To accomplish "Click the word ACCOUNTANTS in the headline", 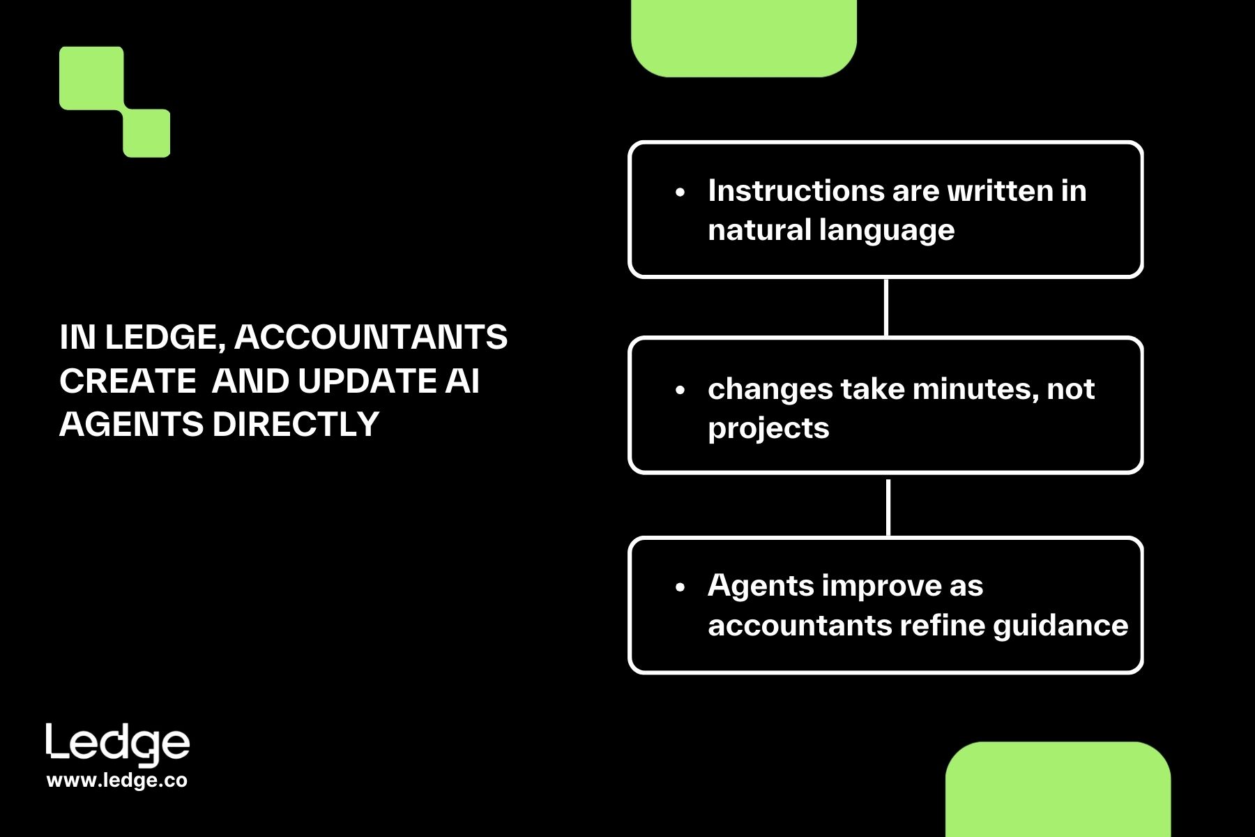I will click(x=371, y=338).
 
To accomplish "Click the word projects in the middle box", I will click(x=768, y=428).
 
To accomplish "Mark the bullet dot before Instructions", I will click(x=680, y=193).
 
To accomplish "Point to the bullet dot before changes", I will click(x=680, y=391).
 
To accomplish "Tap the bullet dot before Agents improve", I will click(x=680, y=587).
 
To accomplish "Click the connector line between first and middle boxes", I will click(x=885, y=308).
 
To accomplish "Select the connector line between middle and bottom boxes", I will click(x=888, y=507).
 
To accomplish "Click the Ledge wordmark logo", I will click(x=118, y=744).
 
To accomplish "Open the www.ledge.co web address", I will click(x=117, y=781).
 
